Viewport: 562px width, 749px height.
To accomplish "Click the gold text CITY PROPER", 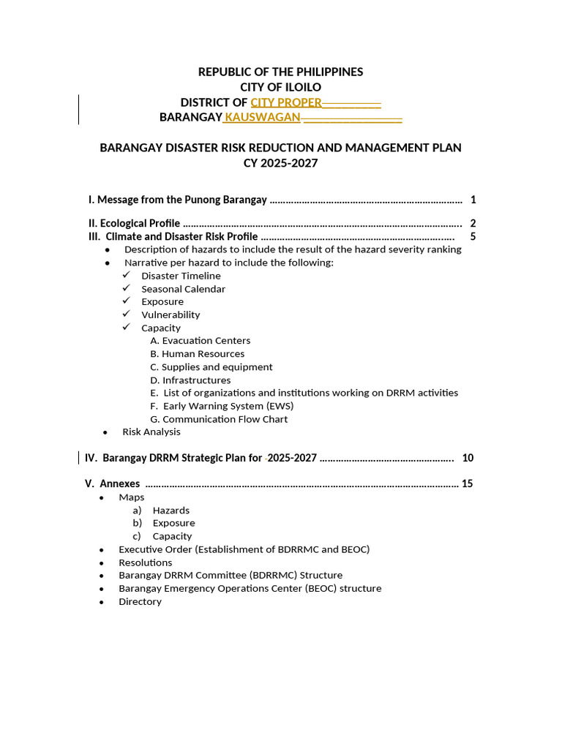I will click(286, 102).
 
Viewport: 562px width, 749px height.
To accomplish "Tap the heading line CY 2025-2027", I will click(280, 163).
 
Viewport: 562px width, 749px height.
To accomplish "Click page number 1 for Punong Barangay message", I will click(473, 200).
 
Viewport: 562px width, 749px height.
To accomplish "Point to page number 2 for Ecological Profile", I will click(473, 224).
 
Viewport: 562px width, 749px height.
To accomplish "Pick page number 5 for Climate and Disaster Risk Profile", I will click(473, 237).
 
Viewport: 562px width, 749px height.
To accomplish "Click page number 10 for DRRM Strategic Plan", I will click(468, 458).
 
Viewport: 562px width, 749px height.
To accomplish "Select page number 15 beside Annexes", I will click(468, 483).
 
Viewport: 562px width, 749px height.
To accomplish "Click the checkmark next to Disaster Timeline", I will click(127, 275).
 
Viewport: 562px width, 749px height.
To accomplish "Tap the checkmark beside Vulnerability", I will click(127, 314).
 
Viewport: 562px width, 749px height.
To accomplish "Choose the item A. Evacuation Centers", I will click(200, 341).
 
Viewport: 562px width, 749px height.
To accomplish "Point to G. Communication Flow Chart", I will click(219, 419).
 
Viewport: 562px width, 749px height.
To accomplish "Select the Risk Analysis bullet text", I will click(151, 432).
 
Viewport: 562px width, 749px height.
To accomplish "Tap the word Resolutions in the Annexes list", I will click(146, 562).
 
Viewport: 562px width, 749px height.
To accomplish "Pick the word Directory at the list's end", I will click(140, 601).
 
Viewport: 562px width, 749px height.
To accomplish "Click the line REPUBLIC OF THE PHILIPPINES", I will click(280, 72).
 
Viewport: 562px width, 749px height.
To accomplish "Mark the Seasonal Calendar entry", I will click(183, 289).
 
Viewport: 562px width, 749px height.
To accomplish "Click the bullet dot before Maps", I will click(102, 497).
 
